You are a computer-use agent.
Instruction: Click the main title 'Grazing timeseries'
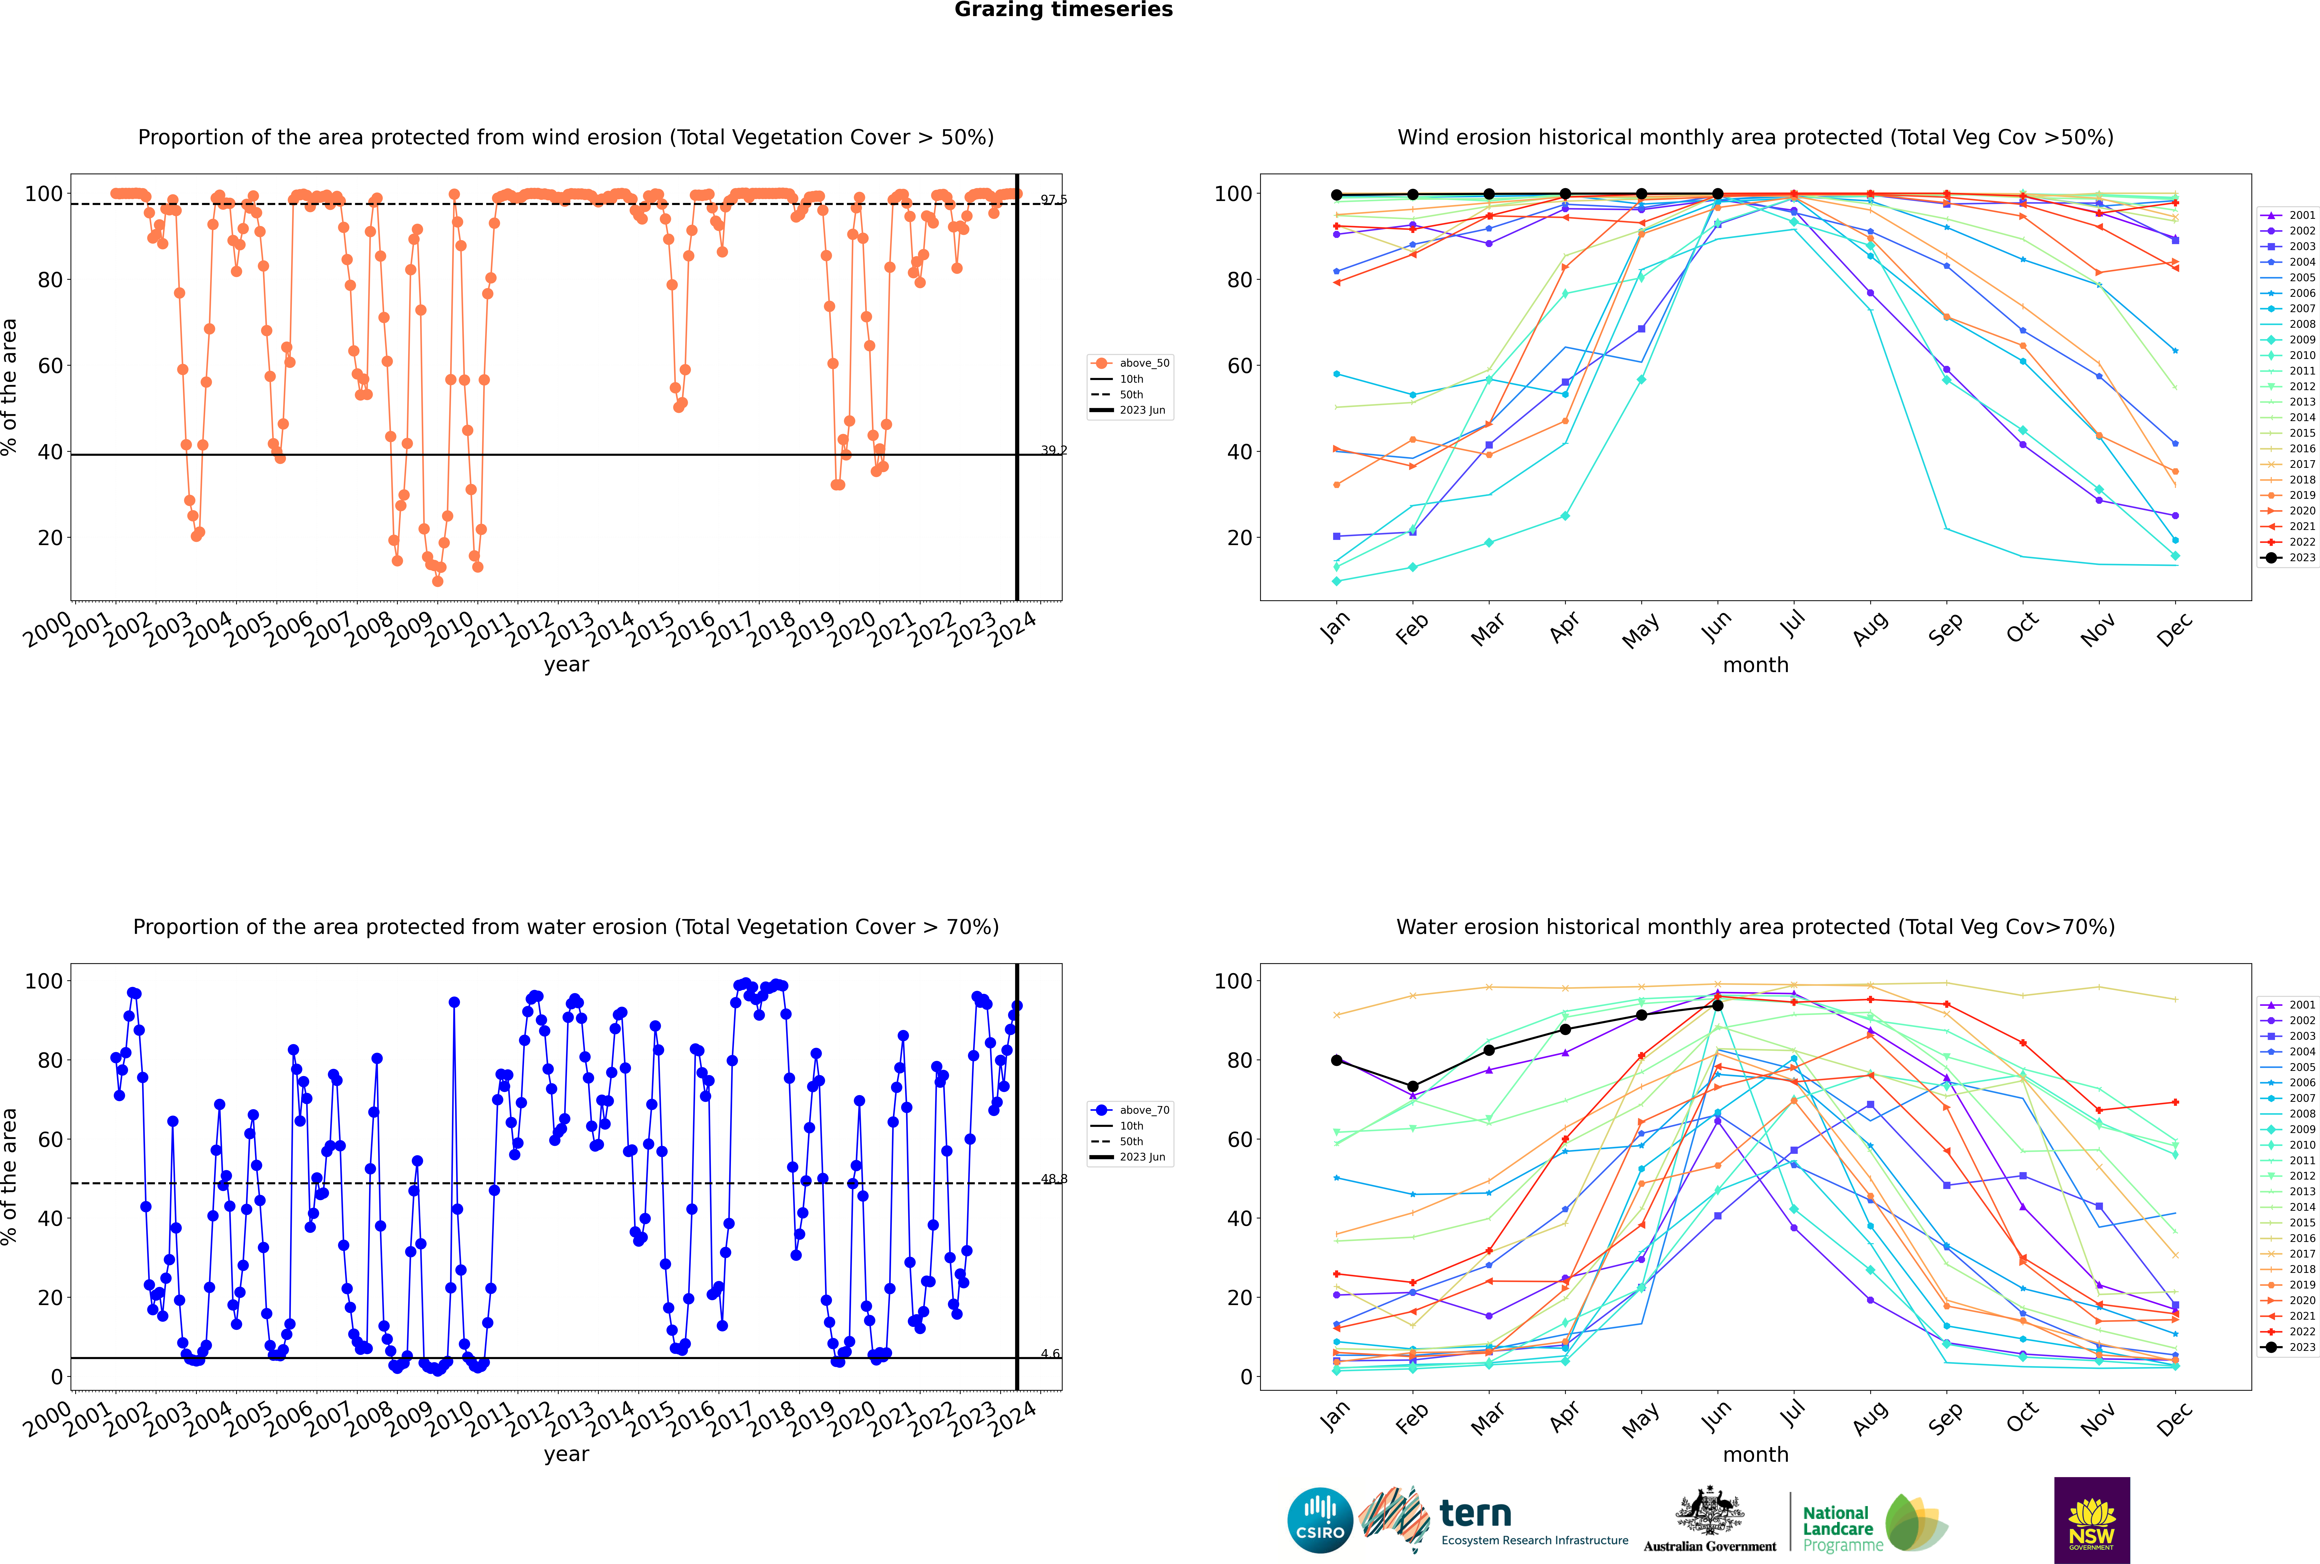1063,10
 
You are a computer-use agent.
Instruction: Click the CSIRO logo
1320,1520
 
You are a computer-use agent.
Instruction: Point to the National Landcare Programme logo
1873,1523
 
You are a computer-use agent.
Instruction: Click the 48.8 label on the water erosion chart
1053,1179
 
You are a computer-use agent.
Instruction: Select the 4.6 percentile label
1050,1354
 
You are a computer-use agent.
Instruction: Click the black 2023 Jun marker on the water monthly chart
1718,1006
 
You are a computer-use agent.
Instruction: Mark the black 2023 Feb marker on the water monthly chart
1412,1086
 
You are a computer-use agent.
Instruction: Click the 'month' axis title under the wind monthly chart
1755,665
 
